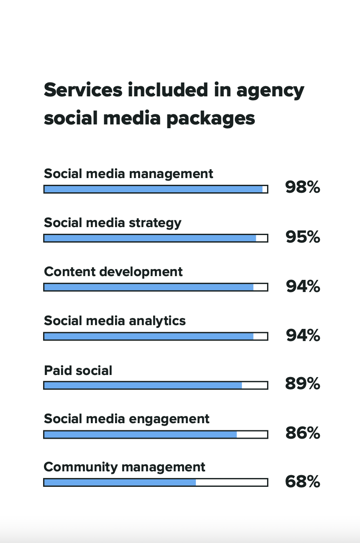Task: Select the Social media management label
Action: pyautogui.click(x=129, y=173)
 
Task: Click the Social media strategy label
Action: pyautogui.click(x=113, y=222)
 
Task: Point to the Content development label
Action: pyautogui.click(x=113, y=271)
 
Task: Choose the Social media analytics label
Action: pyautogui.click(x=115, y=321)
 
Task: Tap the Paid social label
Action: pyautogui.click(x=78, y=370)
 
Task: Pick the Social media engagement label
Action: pyautogui.click(x=126, y=419)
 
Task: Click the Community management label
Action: pyautogui.click(x=124, y=467)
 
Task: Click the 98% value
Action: pyautogui.click(x=303, y=187)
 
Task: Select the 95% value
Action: pyautogui.click(x=303, y=237)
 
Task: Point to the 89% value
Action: pyautogui.click(x=303, y=383)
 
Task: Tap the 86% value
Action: pyautogui.click(x=303, y=433)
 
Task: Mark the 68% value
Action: pyautogui.click(x=303, y=482)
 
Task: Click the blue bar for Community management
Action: pyautogui.click(x=120, y=483)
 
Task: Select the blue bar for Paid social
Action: pyautogui.click(x=143, y=385)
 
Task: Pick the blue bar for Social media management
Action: pyautogui.click(x=153, y=189)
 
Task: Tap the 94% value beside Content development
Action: pyautogui.click(x=303, y=286)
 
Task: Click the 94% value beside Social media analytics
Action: pyautogui.click(x=303, y=335)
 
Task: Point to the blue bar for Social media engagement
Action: pyautogui.click(x=140, y=434)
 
